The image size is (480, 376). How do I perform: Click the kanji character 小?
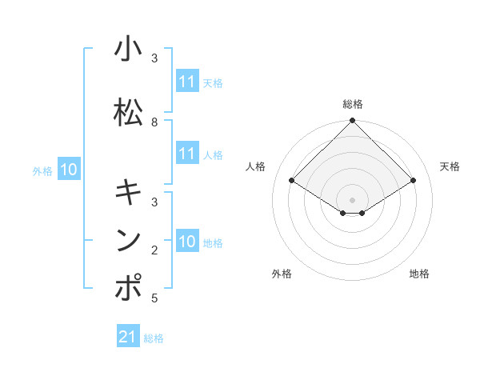(128, 50)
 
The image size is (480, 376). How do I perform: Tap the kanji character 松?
(128, 113)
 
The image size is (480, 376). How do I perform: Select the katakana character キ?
(128, 193)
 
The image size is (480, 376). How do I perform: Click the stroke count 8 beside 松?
(154, 122)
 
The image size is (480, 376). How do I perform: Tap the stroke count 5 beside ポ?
(154, 298)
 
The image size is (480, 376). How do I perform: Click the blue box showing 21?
(128, 337)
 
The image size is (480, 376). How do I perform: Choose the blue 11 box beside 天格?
(187, 82)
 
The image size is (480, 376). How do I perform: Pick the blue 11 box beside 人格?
(187, 154)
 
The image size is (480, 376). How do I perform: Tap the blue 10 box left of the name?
(69, 170)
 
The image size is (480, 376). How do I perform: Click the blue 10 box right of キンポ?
(187, 242)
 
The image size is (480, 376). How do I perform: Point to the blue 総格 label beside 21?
(154, 338)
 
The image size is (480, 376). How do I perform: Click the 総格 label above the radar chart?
(353, 104)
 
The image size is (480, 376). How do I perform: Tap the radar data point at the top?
(353, 122)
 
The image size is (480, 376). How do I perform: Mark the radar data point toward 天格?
(414, 181)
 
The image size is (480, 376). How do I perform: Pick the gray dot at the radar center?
(353, 199)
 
